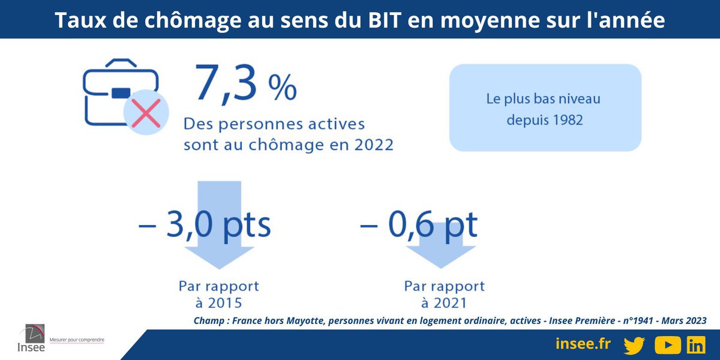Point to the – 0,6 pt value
[x=418, y=225]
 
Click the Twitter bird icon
[x=634, y=345]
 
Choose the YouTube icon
[x=667, y=345]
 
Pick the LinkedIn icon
[x=696, y=345]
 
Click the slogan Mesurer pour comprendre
[x=77, y=340]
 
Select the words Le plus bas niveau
[x=543, y=98]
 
